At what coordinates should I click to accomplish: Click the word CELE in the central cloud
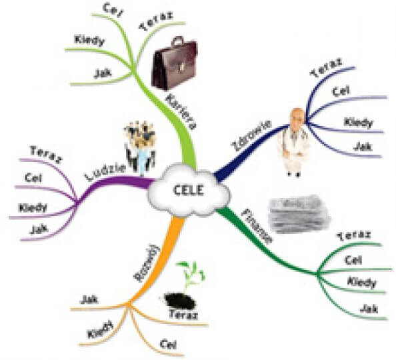click(189, 190)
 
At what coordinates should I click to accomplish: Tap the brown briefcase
click(175, 64)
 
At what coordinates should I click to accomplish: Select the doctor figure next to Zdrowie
click(293, 141)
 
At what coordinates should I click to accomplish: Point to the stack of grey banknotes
click(299, 213)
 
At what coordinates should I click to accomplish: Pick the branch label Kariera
click(181, 111)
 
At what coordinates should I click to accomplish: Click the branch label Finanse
click(256, 225)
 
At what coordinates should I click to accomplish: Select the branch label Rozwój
click(147, 263)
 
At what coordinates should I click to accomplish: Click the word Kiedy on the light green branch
click(89, 41)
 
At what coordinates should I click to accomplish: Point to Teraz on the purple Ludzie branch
click(46, 155)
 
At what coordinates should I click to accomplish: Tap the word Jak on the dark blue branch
click(363, 146)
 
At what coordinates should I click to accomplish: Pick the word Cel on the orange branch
click(168, 344)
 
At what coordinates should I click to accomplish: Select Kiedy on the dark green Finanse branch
click(361, 283)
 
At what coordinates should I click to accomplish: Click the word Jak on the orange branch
click(89, 299)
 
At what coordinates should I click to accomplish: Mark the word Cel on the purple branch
click(33, 179)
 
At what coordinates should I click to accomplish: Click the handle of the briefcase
click(178, 41)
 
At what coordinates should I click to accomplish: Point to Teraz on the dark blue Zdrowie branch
click(326, 67)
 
